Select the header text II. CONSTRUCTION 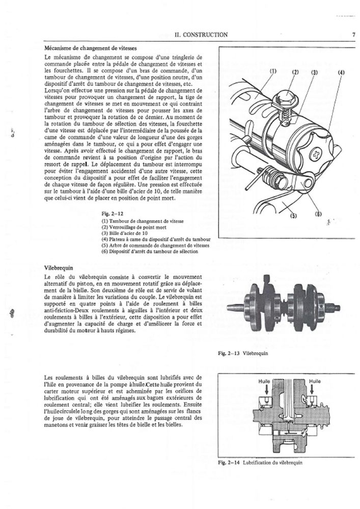[x=201, y=35]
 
